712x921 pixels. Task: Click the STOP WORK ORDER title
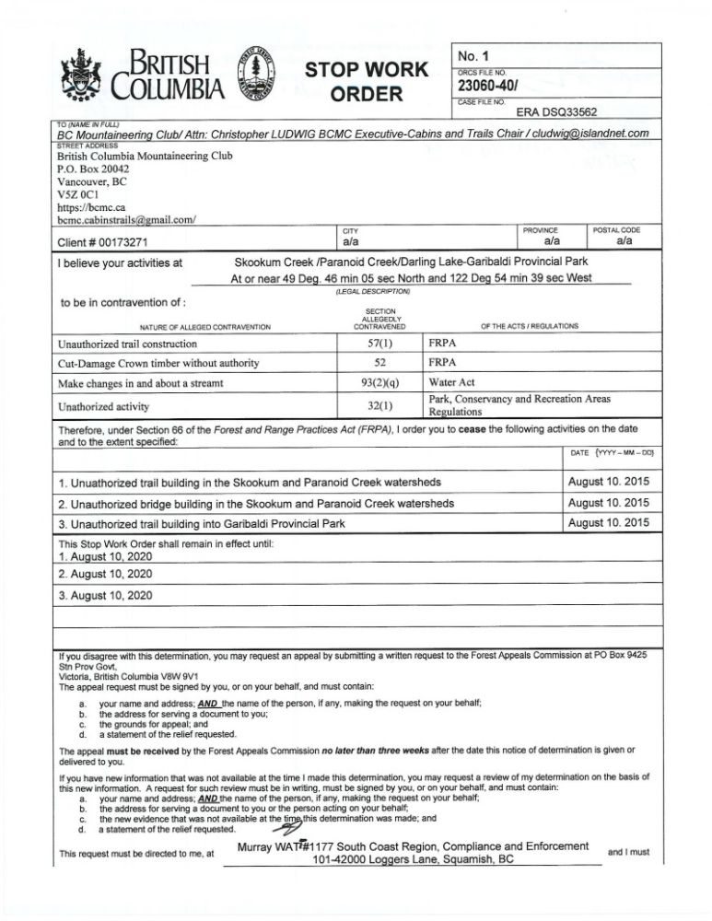pos(367,81)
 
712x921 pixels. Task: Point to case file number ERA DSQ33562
pos(556,112)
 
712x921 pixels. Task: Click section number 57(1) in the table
pos(379,343)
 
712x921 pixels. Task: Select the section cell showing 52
pos(379,362)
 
